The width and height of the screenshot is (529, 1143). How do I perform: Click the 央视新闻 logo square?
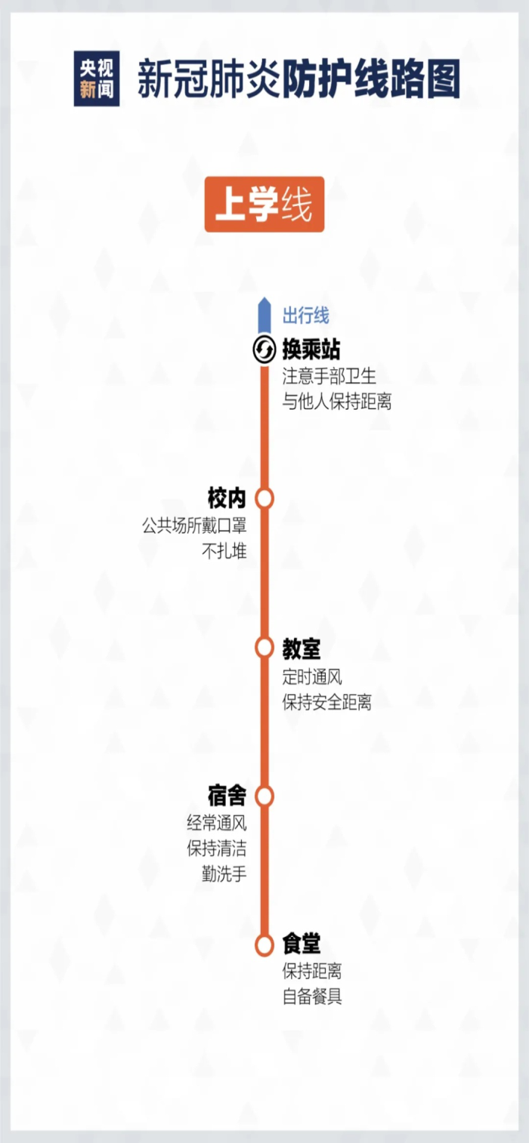click(97, 79)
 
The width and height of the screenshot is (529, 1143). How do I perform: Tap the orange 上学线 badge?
click(264, 204)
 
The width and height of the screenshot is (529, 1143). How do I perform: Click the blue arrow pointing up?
click(264, 316)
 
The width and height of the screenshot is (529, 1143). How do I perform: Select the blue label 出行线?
click(306, 316)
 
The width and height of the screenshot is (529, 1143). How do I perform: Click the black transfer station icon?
click(264, 350)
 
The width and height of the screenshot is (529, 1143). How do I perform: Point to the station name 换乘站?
click(311, 350)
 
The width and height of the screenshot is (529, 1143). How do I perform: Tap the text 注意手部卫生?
click(329, 377)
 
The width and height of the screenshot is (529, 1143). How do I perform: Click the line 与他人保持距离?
click(337, 402)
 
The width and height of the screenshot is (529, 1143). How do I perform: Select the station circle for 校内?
click(264, 498)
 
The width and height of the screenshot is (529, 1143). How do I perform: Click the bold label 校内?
click(227, 498)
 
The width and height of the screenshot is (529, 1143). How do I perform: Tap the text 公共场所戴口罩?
click(194, 525)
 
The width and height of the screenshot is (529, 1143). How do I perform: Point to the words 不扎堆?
click(224, 551)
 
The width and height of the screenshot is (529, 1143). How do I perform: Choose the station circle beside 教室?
click(264, 647)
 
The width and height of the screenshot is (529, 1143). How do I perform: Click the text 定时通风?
click(313, 677)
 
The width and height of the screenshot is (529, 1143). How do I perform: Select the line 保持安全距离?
click(327, 702)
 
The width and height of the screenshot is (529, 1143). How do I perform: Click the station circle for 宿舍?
click(264, 796)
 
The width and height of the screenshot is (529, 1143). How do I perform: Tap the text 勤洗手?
click(224, 874)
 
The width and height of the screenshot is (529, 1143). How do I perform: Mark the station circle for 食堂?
click(264, 945)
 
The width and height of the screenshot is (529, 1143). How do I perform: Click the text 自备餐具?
click(313, 996)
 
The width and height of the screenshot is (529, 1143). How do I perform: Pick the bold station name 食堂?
click(302, 944)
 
